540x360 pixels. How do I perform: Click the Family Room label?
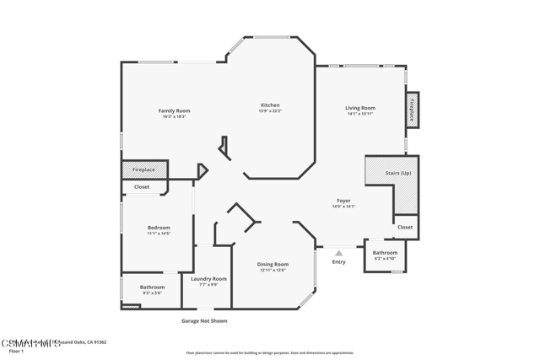(x=175, y=110)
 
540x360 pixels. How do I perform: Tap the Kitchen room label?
(x=270, y=105)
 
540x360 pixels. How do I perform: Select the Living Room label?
(x=360, y=108)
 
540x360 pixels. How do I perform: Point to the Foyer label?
(x=343, y=201)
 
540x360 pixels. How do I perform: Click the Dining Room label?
(x=273, y=265)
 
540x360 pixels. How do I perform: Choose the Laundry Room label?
(x=208, y=278)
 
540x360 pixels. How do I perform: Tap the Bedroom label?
(x=159, y=228)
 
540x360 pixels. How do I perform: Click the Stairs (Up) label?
(x=398, y=173)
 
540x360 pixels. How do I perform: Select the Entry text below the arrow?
(x=338, y=262)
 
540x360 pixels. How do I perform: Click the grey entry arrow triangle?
(x=338, y=253)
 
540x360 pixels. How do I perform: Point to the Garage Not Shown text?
(x=204, y=321)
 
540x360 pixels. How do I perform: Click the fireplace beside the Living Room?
(x=413, y=110)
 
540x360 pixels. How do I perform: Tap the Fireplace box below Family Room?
(x=143, y=169)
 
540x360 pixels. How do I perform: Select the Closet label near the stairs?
(x=405, y=227)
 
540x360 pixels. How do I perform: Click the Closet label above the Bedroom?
(x=142, y=187)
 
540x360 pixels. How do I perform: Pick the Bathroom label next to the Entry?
(x=385, y=253)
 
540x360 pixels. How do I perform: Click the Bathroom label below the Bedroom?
(x=153, y=287)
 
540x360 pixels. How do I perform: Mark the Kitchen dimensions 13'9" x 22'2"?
(x=270, y=110)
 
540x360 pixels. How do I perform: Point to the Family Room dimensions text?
(x=175, y=116)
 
